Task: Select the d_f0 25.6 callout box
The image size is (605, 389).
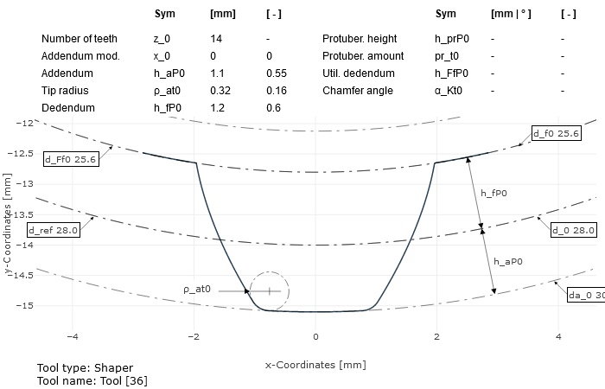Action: pos(556,134)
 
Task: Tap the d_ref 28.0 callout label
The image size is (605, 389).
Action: pos(54,230)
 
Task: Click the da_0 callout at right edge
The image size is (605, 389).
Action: pos(585,295)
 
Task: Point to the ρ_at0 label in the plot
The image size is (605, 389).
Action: pos(197,290)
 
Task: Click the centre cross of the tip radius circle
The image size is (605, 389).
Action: pos(270,291)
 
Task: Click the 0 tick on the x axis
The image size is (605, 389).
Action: pos(315,336)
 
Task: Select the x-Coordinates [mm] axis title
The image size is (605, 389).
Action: pos(315,365)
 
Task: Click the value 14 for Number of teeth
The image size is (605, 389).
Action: pos(216,39)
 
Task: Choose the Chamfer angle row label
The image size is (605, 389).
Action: pos(358,91)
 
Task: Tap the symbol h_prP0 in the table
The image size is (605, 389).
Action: pos(451,39)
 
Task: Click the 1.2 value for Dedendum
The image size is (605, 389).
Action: pos(216,108)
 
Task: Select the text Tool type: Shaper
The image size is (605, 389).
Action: pos(85,368)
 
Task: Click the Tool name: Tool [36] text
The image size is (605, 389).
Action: pos(93,380)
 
